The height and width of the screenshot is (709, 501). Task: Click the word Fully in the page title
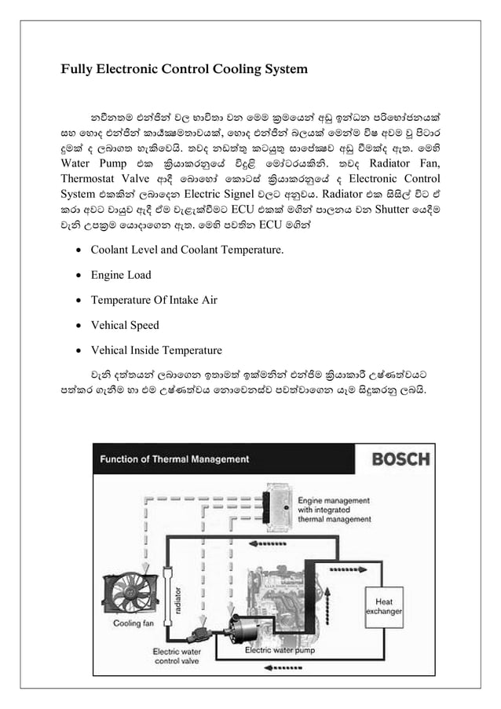(x=76, y=69)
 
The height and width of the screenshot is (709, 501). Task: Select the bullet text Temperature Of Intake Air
(x=154, y=300)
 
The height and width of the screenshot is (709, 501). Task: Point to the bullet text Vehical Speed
(x=125, y=325)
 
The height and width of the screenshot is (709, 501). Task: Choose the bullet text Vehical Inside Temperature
(x=156, y=350)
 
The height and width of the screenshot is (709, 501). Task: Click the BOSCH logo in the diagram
(x=400, y=459)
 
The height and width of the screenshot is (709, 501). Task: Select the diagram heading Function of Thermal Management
(x=171, y=459)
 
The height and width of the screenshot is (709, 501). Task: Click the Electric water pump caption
(x=280, y=650)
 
